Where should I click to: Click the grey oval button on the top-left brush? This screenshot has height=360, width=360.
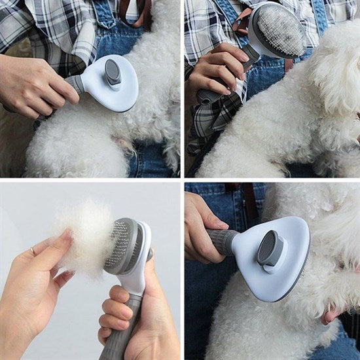[113, 71]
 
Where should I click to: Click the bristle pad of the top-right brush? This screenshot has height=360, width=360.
[280, 30]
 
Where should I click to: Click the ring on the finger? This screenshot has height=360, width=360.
[33, 251]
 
